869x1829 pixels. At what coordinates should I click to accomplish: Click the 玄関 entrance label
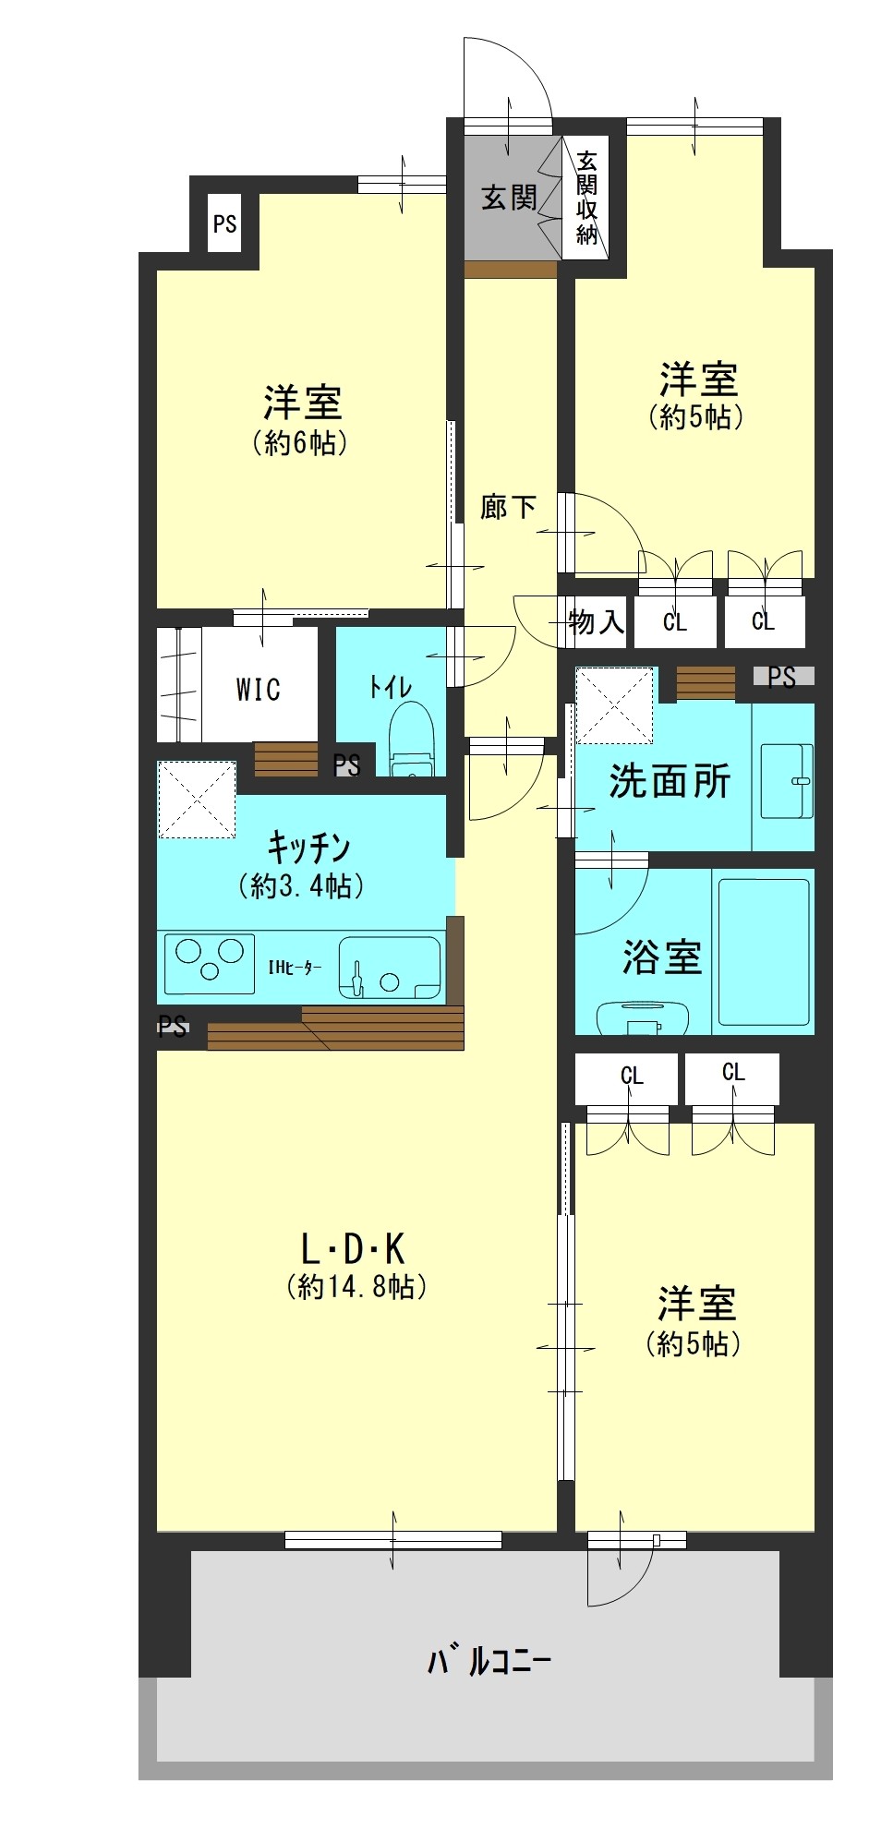click(509, 197)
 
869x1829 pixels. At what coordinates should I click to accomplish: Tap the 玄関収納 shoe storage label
click(587, 198)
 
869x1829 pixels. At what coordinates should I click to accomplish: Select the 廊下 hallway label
click(508, 506)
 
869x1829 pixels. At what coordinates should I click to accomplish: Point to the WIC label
click(259, 689)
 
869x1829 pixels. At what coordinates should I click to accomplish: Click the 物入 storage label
click(597, 621)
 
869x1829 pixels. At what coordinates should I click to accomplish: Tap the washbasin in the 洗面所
click(787, 781)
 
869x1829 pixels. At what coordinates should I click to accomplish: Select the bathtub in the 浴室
click(764, 952)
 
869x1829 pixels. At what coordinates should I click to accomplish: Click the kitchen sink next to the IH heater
click(390, 968)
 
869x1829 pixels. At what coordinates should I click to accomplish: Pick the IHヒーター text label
click(295, 968)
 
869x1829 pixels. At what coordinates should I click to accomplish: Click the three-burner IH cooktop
click(209, 964)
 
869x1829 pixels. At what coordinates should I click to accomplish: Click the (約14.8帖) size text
click(356, 1286)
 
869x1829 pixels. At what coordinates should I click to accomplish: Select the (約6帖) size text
click(301, 443)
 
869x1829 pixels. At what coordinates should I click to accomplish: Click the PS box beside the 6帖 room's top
click(224, 223)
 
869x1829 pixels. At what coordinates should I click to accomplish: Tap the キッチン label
click(308, 846)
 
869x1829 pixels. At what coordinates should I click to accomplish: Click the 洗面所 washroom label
click(670, 781)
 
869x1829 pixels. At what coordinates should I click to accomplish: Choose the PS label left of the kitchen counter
click(173, 1026)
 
